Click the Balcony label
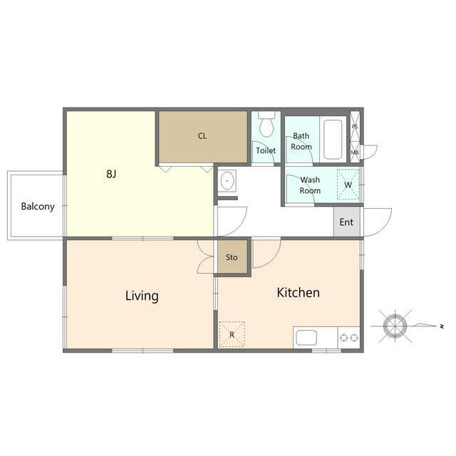(38, 207)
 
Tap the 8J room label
(111, 174)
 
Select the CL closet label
(202, 136)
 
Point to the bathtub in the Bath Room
(333, 140)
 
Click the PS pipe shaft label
(355, 127)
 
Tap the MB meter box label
(355, 152)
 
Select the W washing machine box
(348, 185)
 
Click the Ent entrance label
(346, 222)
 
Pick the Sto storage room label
(232, 257)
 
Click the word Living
(142, 296)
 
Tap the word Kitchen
(298, 293)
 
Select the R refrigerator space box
(232, 334)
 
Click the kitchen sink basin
(306, 338)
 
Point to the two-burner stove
(348, 338)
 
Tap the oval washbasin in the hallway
(227, 181)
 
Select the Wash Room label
(310, 185)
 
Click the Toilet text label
(266, 150)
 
